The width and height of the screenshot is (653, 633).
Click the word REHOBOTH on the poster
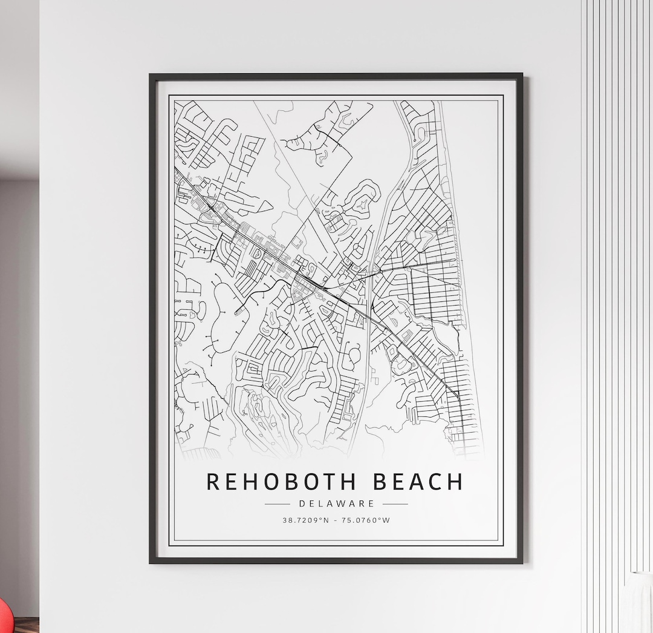click(x=282, y=482)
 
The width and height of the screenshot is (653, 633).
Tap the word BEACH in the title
click(x=418, y=482)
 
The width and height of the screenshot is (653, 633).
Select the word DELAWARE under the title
click(x=336, y=503)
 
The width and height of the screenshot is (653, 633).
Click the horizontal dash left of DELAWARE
click(x=278, y=503)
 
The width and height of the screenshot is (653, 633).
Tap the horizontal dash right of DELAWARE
click(x=395, y=503)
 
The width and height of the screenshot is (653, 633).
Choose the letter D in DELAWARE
click(x=302, y=503)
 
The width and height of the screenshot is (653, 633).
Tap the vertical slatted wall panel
click(x=617, y=303)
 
